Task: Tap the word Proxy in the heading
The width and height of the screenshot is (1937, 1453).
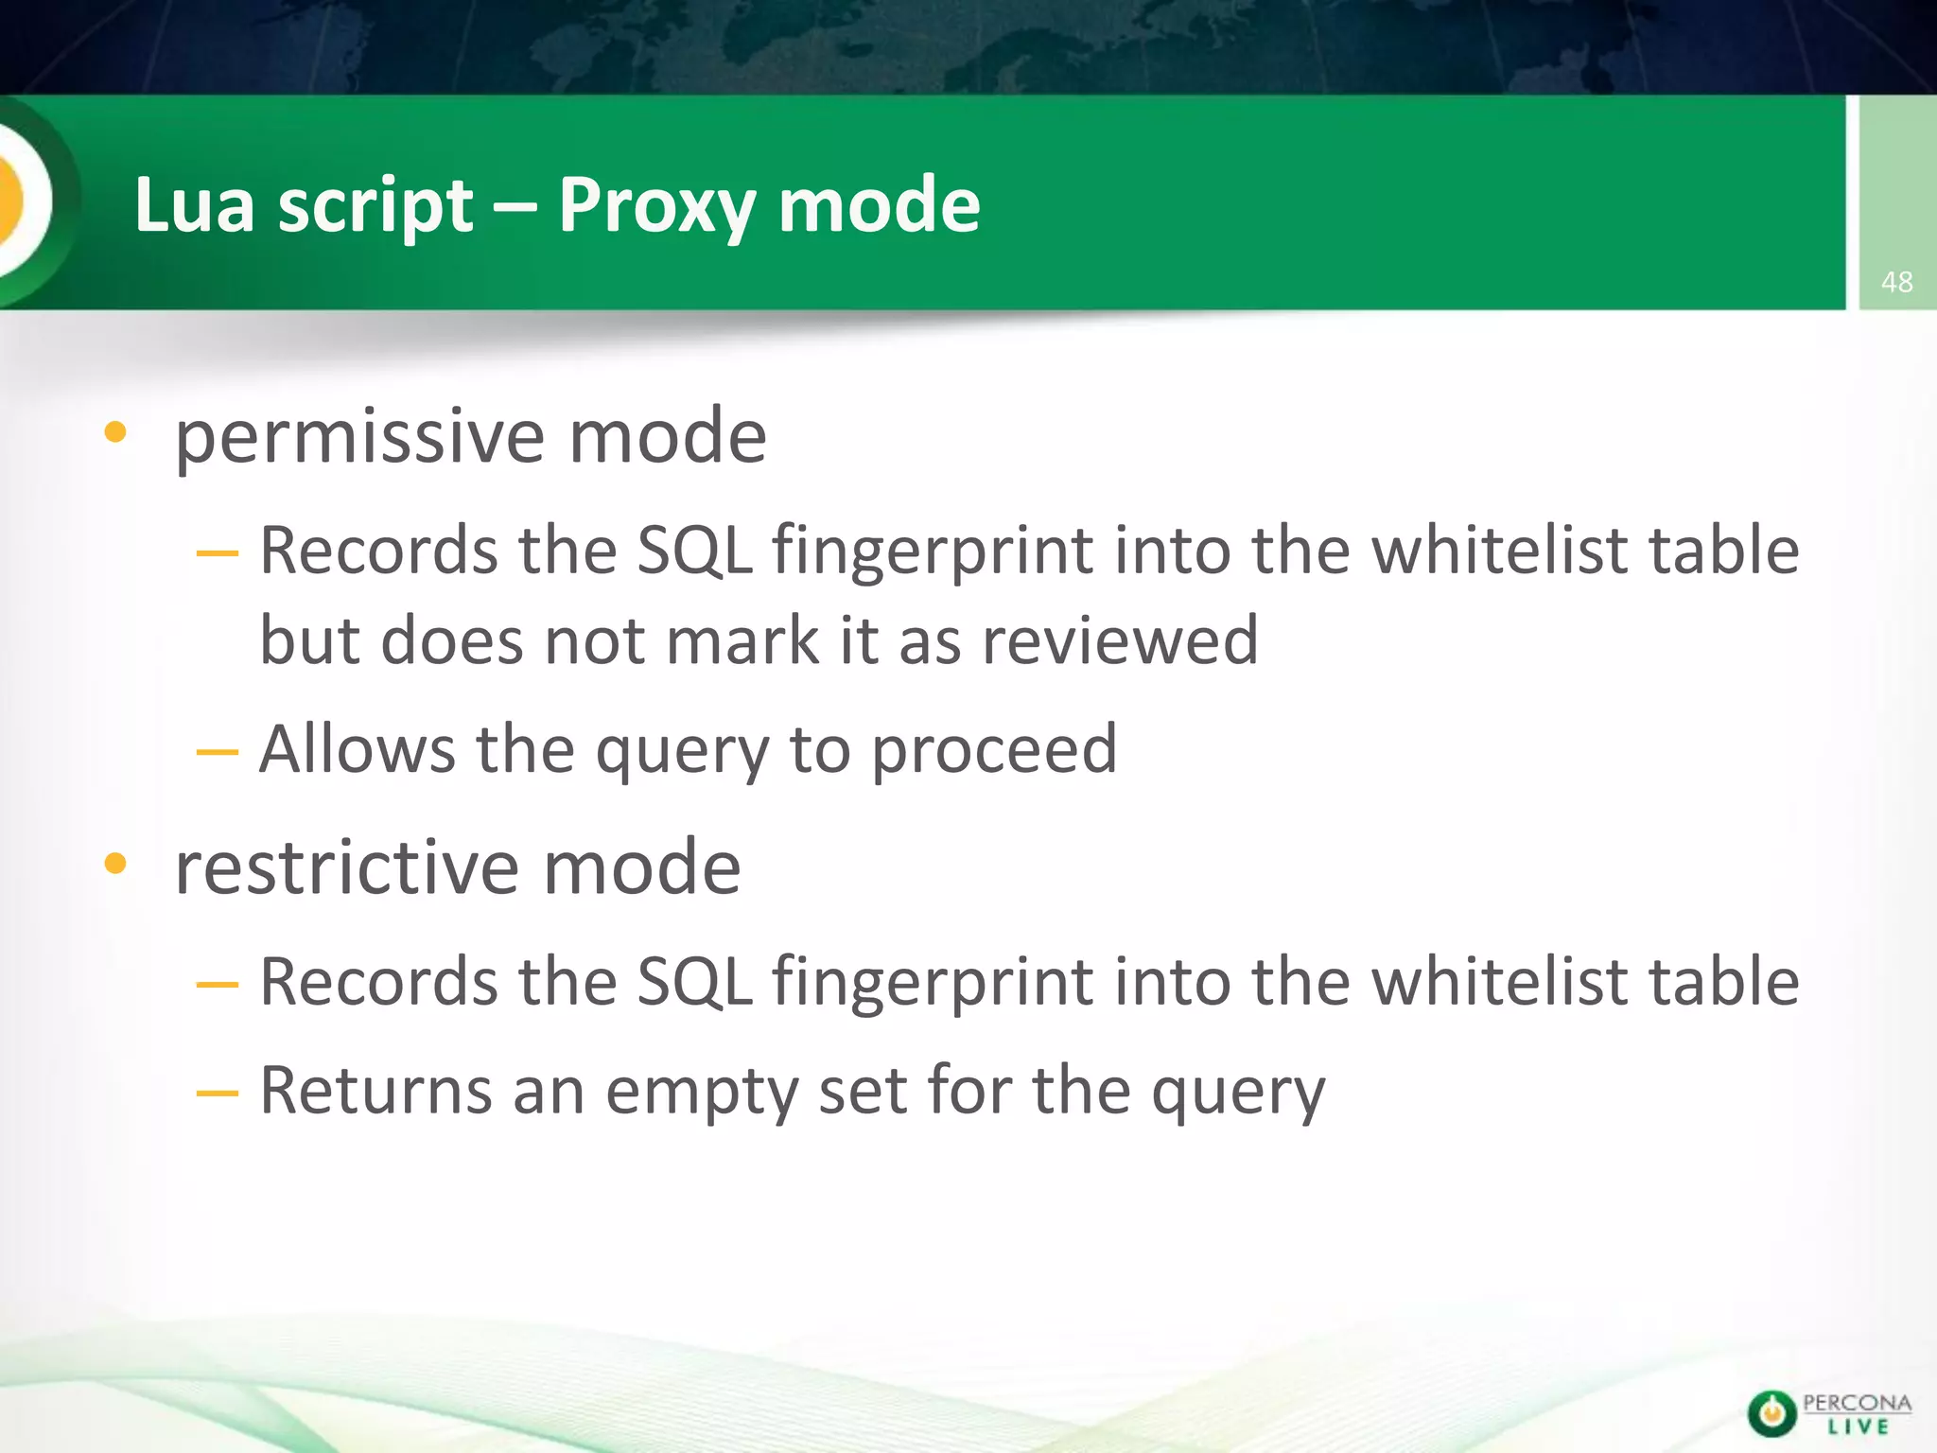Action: pos(656,206)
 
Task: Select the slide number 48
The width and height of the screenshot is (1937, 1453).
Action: pos(1896,281)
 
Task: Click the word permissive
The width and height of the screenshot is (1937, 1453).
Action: pos(359,437)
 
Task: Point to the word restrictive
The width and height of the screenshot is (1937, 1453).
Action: pos(346,867)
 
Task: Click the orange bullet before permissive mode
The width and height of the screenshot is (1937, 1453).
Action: pos(115,433)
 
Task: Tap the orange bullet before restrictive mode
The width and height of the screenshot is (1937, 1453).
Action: pos(115,863)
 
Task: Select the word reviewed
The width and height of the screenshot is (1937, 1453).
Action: pos(1121,640)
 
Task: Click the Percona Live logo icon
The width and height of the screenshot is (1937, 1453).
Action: pos(1771,1413)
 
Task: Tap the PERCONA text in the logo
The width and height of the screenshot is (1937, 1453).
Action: pos(1857,1403)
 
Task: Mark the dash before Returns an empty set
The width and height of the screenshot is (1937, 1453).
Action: pos(217,1094)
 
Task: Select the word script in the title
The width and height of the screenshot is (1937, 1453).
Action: pos(375,206)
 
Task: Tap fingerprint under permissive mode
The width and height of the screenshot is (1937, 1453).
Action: pos(932,552)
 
